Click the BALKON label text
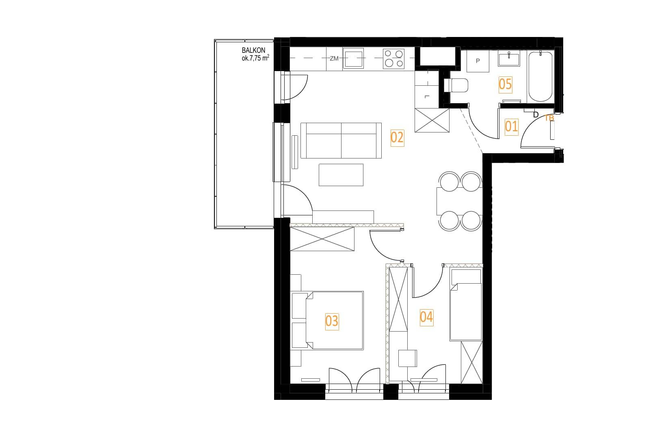[253, 50]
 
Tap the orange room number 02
[397, 138]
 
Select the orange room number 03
[332, 321]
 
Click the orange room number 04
[426, 317]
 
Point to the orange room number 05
[505, 84]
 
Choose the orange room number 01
[512, 127]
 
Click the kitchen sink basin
[353, 59]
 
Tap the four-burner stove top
[393, 59]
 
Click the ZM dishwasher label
[334, 59]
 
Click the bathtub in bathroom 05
[540, 77]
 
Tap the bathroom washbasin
[509, 59]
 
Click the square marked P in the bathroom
[478, 61]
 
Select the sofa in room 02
[341, 141]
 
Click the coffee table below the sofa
[341, 175]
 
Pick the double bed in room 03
[335, 320]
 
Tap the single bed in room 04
[466, 305]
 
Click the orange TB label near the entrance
[549, 118]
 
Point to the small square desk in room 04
[408, 358]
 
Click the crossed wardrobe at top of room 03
[322, 239]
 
